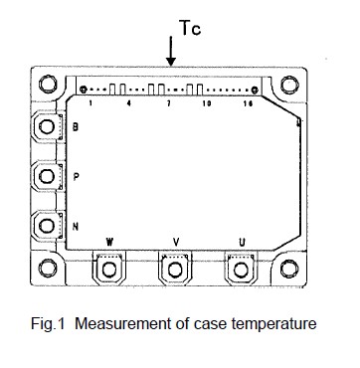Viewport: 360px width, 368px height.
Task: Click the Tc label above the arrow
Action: (190, 28)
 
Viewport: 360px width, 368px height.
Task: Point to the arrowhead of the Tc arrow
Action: (171, 62)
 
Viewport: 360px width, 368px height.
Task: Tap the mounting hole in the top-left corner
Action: (48, 84)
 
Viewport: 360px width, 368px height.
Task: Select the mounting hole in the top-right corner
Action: (289, 85)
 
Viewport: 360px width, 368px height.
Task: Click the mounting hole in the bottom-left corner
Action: (48, 268)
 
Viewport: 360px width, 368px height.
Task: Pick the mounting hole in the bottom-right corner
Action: (289, 269)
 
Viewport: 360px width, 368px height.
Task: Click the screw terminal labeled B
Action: (47, 126)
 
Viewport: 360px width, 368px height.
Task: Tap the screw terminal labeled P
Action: (47, 176)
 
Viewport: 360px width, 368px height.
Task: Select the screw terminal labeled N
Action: (47, 226)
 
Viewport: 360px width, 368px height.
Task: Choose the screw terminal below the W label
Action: (108, 270)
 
